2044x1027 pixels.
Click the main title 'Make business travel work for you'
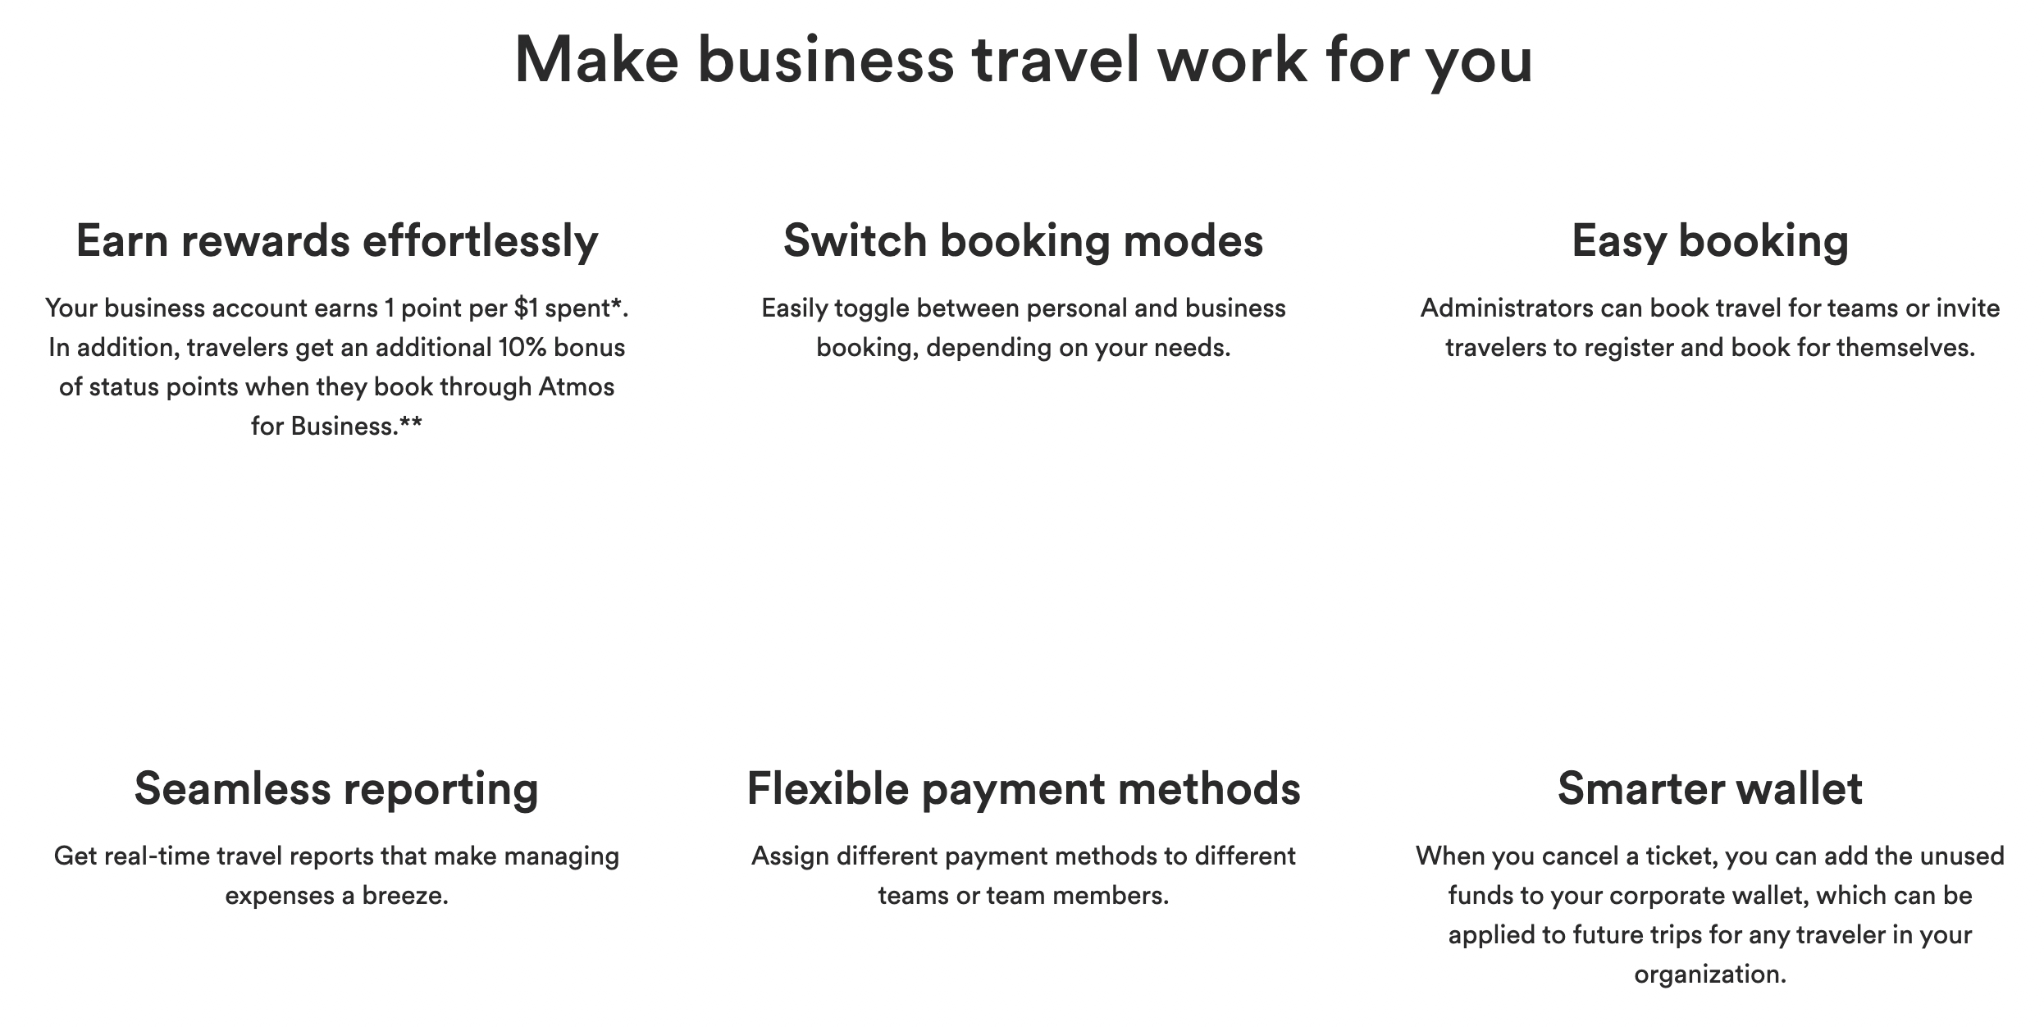pyautogui.click(x=1023, y=60)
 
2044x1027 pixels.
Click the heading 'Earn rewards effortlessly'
pyautogui.click(x=337, y=241)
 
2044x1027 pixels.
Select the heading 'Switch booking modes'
pyautogui.click(x=1023, y=241)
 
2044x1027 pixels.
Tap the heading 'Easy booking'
pyautogui.click(x=1709, y=241)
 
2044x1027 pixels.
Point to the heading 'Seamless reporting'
pyautogui.click(x=336, y=789)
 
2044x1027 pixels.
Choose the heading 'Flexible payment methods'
pyautogui.click(x=1023, y=789)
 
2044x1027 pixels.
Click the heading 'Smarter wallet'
pyautogui.click(x=1709, y=789)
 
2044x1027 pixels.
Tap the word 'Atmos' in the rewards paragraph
pyautogui.click(x=576, y=387)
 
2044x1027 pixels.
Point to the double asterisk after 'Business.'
pyautogui.click(x=411, y=425)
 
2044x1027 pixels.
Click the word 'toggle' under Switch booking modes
pyautogui.click(x=871, y=309)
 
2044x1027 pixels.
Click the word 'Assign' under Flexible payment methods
pyautogui.click(x=790, y=857)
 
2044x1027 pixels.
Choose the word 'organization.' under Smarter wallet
pyautogui.click(x=1709, y=975)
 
